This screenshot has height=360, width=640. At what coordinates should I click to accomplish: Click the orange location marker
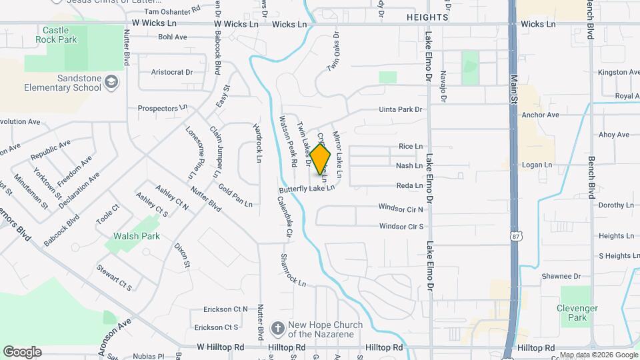pyautogui.click(x=321, y=160)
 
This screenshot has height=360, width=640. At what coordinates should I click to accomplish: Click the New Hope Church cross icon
pyautogui.click(x=277, y=329)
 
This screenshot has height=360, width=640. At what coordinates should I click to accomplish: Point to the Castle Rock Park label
pyautogui.click(x=60, y=35)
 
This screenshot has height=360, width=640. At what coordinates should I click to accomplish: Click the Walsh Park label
pyautogui.click(x=136, y=236)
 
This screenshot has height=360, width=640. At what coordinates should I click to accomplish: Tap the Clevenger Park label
pyautogui.click(x=577, y=313)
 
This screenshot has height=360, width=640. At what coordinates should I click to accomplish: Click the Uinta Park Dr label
pyautogui.click(x=401, y=109)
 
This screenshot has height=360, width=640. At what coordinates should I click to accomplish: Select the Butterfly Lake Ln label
pyautogui.click(x=307, y=189)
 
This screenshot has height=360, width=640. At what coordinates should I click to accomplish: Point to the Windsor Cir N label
pyautogui.click(x=401, y=209)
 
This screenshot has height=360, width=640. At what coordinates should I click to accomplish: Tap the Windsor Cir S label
pyautogui.click(x=401, y=227)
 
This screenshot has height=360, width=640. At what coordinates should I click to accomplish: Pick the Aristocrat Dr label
pyautogui.click(x=172, y=72)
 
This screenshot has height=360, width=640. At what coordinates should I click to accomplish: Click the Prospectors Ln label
pyautogui.click(x=162, y=108)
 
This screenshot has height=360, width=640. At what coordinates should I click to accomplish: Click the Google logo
pyautogui.click(x=22, y=352)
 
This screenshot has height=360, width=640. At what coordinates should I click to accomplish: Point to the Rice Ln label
pyautogui.click(x=411, y=147)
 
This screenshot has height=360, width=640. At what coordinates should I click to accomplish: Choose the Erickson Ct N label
pyautogui.click(x=221, y=309)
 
